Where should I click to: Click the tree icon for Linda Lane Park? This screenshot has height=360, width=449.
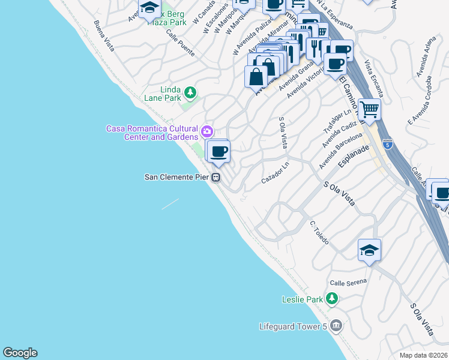point(190,92)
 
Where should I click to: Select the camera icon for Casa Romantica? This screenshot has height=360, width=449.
point(207,131)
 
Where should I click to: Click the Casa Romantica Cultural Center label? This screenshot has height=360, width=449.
point(153,133)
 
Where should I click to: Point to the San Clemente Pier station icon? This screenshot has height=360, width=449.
point(216,177)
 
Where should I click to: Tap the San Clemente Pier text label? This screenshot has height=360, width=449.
point(178,177)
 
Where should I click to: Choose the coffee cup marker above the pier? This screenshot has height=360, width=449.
point(218,151)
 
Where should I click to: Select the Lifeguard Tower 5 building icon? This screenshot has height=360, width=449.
point(336,326)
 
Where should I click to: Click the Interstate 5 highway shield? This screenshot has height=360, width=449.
point(388,145)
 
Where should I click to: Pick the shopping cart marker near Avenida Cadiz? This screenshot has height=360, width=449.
point(369,109)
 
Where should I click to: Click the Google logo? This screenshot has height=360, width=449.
point(20,353)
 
